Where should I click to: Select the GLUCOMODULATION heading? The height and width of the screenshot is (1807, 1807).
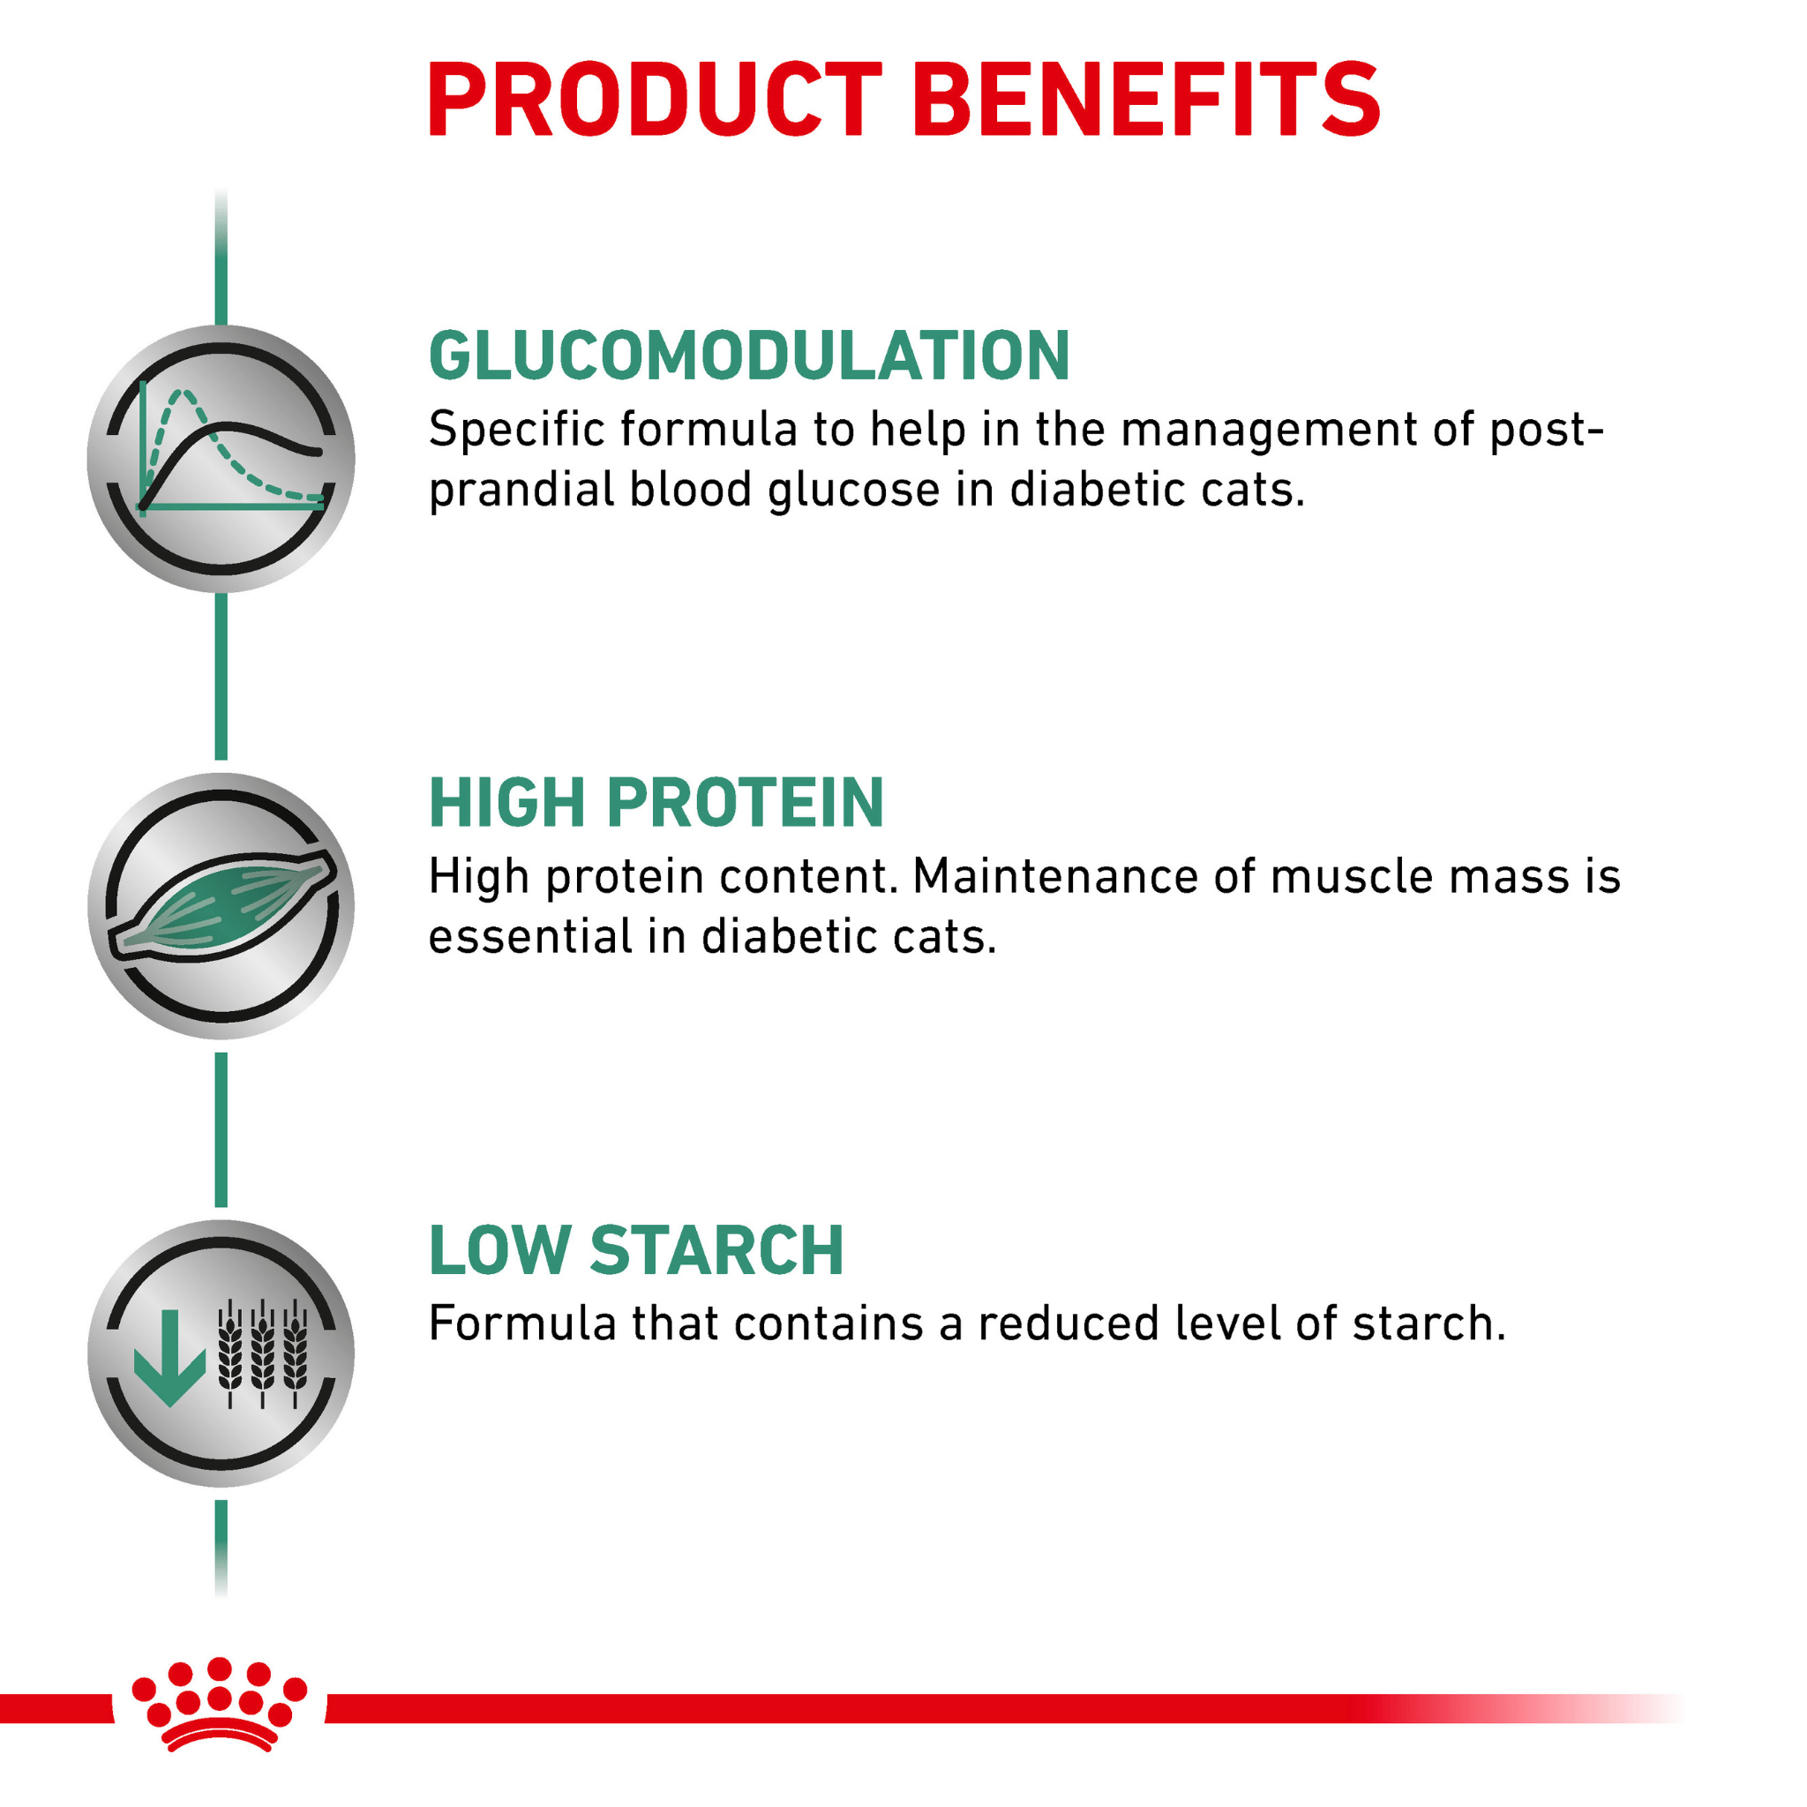click(749, 356)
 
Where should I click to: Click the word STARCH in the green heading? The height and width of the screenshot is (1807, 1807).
click(717, 1250)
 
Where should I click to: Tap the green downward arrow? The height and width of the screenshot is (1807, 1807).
click(169, 1357)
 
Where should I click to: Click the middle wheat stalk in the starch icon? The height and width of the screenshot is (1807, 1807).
click(263, 1353)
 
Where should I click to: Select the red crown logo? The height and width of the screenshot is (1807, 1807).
click(219, 1704)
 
